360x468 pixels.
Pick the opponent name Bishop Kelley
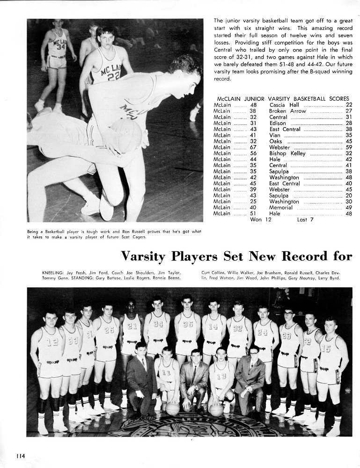point(287,154)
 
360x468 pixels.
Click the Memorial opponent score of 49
point(348,208)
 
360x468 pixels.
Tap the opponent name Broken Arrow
point(287,111)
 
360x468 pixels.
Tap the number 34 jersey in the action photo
point(60,47)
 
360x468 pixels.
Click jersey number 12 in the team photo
point(52,342)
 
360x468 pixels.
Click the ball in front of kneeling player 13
point(216,410)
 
